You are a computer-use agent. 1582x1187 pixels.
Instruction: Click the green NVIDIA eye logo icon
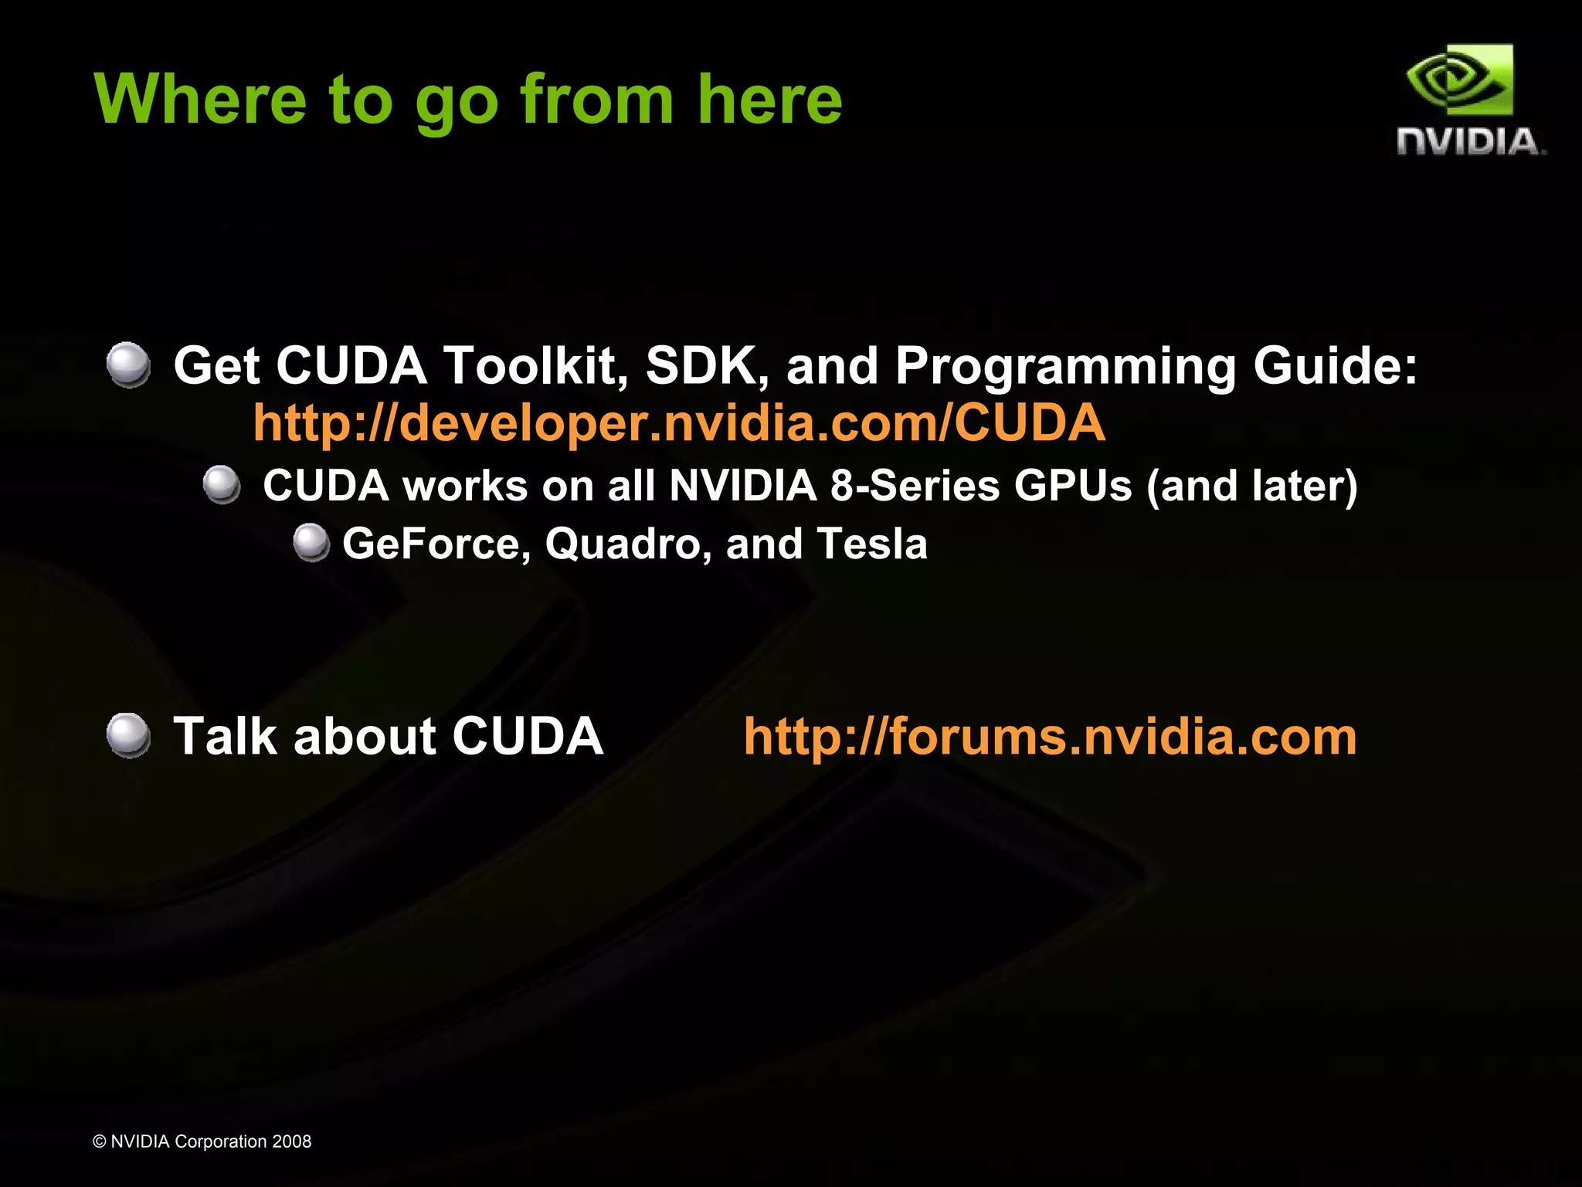(1459, 80)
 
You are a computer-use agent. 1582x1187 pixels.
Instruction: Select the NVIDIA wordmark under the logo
(1469, 142)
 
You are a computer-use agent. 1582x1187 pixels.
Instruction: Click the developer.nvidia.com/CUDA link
(679, 422)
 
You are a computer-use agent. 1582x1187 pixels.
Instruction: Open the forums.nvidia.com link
(1050, 736)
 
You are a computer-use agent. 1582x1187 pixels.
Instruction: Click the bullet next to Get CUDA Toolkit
(128, 365)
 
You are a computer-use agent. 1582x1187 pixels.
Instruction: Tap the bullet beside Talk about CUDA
(128, 735)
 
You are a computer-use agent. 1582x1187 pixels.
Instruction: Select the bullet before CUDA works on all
(222, 485)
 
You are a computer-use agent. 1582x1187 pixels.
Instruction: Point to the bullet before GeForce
(311, 542)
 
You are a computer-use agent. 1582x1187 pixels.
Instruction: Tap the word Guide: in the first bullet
(1335, 365)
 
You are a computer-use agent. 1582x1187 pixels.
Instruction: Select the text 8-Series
(915, 486)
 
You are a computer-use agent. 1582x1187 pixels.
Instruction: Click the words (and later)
(1252, 486)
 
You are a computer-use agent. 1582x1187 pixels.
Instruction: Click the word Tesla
(872, 544)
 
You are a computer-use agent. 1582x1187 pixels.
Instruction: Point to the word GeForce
(436, 544)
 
